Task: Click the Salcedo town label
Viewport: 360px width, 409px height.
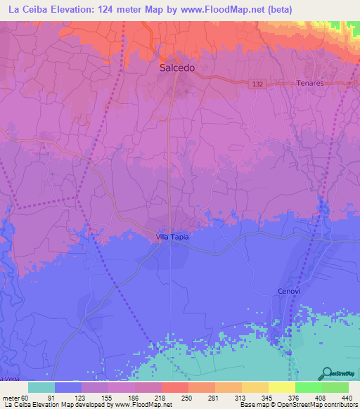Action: (177, 69)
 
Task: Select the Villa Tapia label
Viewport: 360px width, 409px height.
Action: (172, 238)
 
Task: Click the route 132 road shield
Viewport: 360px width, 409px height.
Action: (258, 84)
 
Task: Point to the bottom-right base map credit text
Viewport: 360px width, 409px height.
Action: (297, 405)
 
